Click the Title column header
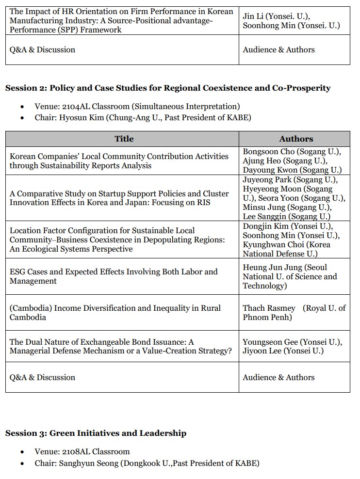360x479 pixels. pyautogui.click(x=124, y=139)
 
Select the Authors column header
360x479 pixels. pyautogui.click(x=296, y=139)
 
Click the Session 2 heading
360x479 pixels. pyautogui.click(x=167, y=88)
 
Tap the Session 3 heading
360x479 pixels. pyautogui.click(x=96, y=433)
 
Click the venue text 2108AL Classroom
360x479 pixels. pyautogui.click(x=97, y=451)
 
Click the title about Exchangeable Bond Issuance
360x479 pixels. pyautogui.click(x=120, y=346)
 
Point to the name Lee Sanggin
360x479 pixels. pyautogui.click(x=264, y=217)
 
